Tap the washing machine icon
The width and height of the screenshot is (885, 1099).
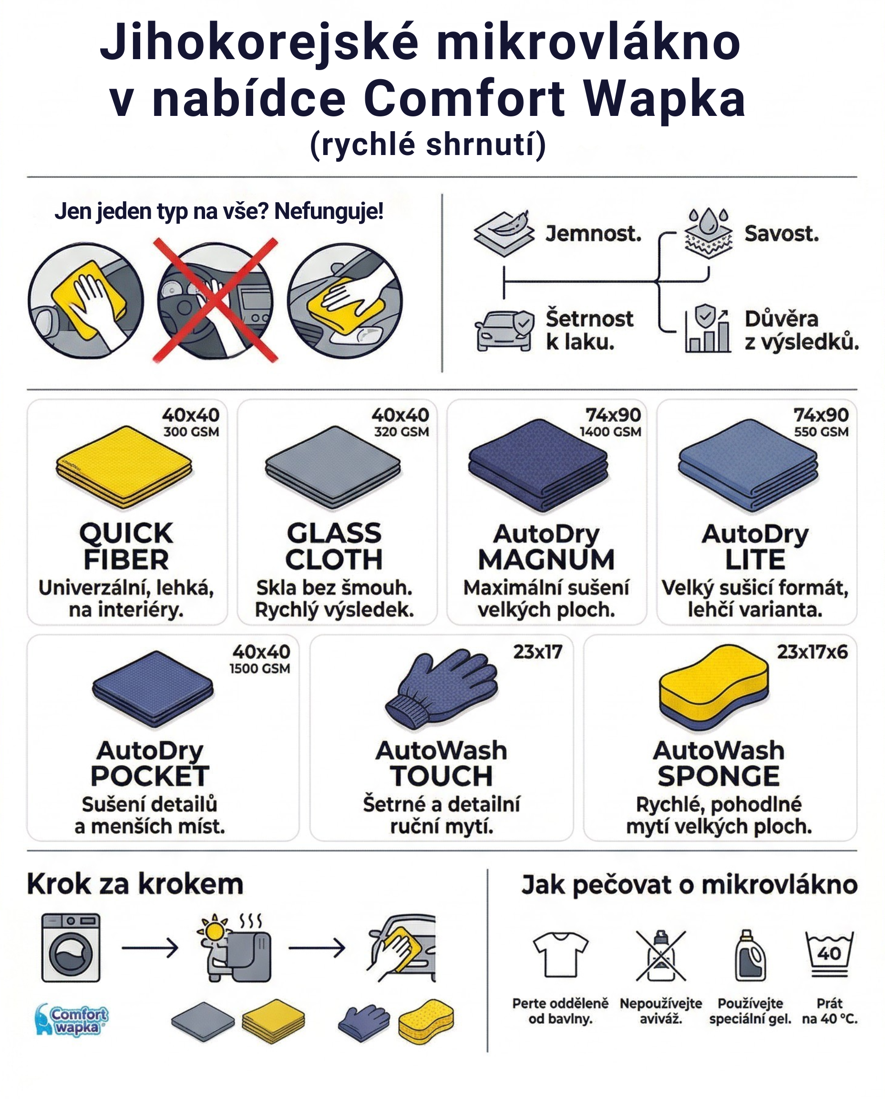point(71,947)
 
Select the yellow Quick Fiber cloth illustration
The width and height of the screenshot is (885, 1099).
point(124,467)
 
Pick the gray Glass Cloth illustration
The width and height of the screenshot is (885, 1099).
point(333,467)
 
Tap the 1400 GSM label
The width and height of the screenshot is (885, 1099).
point(610,432)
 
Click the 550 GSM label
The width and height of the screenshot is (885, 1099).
point(821,432)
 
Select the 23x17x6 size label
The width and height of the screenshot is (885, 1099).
point(812,652)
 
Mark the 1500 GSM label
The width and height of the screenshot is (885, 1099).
point(259,669)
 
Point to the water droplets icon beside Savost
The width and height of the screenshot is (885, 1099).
point(709,234)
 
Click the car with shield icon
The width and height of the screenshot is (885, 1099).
point(504,331)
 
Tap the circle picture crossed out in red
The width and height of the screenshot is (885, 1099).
point(216,301)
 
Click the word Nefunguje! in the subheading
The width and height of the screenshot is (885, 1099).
point(329,211)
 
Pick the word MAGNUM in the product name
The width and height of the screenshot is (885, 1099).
point(546,560)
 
